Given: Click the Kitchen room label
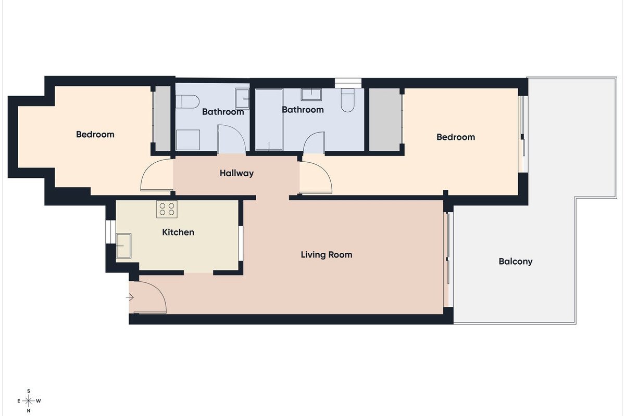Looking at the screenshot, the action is click(x=178, y=232).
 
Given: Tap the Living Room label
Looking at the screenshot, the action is click(x=327, y=255).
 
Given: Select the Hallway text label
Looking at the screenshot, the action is click(x=236, y=173).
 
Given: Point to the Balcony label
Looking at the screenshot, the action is click(x=515, y=262).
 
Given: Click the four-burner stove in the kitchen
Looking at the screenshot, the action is click(x=167, y=209).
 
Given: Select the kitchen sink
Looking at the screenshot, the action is click(x=123, y=246).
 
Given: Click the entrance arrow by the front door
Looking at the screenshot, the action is click(x=130, y=297).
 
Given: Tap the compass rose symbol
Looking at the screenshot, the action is click(x=29, y=401).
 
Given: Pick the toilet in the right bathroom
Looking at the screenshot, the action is click(x=348, y=100).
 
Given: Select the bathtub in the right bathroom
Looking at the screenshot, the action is click(x=269, y=120).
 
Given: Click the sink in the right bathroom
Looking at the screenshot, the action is click(x=311, y=95).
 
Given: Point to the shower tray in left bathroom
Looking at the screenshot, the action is click(x=188, y=140).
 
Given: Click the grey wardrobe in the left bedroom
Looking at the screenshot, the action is click(x=162, y=119).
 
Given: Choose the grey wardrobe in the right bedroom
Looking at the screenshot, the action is click(x=385, y=120).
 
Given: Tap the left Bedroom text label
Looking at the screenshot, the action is click(x=95, y=135).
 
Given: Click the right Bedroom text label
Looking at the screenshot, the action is click(x=456, y=137).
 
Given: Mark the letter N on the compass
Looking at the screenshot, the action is click(x=29, y=411).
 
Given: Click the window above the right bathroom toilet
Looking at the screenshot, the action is click(x=348, y=83).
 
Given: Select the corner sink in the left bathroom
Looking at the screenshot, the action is click(x=242, y=99).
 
